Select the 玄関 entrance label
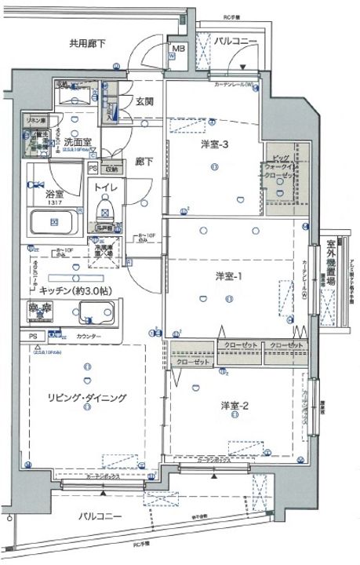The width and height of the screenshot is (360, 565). pos(144,100)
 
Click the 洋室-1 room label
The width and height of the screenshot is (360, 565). pos(229,276)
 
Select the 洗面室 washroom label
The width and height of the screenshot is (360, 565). pos(78,144)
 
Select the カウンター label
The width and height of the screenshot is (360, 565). pos(89,337)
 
